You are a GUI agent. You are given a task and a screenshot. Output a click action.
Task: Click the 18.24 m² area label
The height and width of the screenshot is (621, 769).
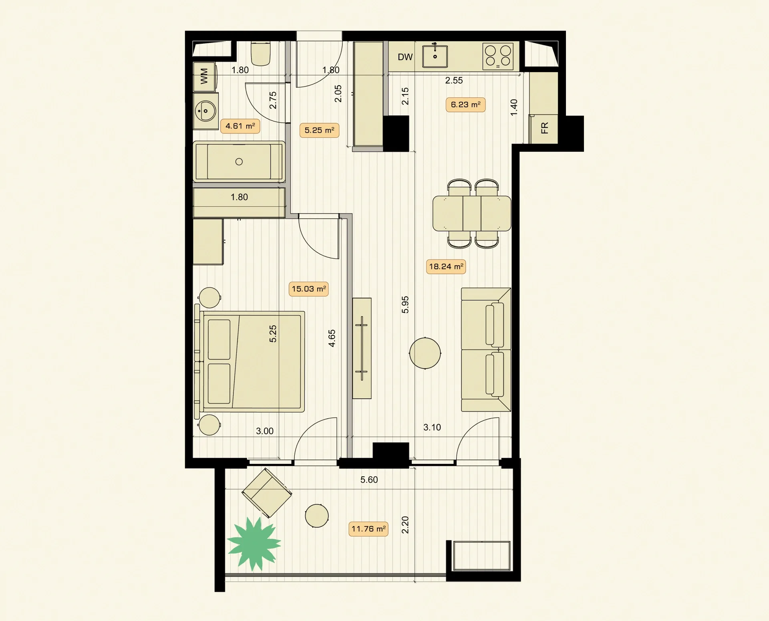[x=446, y=266]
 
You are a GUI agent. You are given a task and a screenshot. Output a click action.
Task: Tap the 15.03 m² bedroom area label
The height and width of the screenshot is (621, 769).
[x=308, y=289]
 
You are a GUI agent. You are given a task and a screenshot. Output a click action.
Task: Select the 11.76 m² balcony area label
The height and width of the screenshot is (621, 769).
[x=368, y=529]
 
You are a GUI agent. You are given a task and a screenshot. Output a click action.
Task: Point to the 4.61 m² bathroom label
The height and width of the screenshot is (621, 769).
[x=240, y=126]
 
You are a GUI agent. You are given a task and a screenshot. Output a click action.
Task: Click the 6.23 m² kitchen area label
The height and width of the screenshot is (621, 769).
[x=465, y=105]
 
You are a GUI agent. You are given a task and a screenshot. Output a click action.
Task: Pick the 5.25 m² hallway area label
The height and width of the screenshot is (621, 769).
[x=319, y=130]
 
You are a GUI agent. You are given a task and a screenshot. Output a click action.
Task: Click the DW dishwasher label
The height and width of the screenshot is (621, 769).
[x=405, y=57]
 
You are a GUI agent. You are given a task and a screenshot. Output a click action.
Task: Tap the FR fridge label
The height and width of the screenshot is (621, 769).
[x=544, y=128]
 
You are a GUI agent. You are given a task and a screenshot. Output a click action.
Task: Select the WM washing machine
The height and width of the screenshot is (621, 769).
[x=205, y=77]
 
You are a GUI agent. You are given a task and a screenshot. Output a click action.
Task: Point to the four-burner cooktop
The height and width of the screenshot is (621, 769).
[x=498, y=56]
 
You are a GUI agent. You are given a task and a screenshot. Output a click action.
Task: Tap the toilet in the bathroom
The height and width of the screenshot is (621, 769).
[x=261, y=54]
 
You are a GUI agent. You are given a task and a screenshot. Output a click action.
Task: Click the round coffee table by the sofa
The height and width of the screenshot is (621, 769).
[x=425, y=353]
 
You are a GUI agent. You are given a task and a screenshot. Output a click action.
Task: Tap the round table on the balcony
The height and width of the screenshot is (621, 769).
[x=317, y=516]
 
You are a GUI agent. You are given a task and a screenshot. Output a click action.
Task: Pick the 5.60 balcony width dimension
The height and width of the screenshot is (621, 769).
[x=369, y=480]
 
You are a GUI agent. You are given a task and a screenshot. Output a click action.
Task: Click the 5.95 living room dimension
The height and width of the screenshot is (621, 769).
[x=405, y=304]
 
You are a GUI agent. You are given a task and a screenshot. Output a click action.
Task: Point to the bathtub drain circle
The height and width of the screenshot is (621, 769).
[x=239, y=162]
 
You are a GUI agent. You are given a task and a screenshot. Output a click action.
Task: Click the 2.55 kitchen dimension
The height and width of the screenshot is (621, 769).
[x=454, y=81]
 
